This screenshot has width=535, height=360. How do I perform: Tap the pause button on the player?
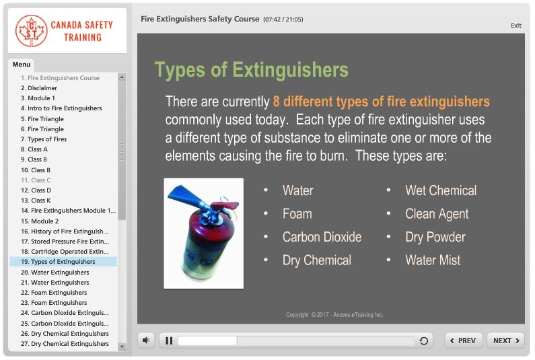[x=168, y=340]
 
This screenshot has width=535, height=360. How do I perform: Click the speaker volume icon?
[x=146, y=340]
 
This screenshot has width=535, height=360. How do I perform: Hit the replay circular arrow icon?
[x=424, y=341]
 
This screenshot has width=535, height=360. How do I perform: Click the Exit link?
[x=515, y=26]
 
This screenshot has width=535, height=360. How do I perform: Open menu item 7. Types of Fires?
[x=47, y=139]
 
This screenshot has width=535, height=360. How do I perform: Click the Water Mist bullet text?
[x=433, y=260]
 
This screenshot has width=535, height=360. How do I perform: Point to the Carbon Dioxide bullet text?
[x=322, y=237]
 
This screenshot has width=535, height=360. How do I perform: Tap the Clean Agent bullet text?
[x=437, y=214]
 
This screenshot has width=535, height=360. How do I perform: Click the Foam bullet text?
[x=297, y=214]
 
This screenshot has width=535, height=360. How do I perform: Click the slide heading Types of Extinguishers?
[x=252, y=70]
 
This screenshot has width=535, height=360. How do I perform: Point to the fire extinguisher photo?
[x=204, y=233]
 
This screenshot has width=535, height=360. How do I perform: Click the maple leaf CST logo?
[x=32, y=31]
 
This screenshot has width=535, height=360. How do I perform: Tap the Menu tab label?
[x=22, y=65]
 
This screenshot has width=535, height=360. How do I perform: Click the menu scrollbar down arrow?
[x=122, y=347]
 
